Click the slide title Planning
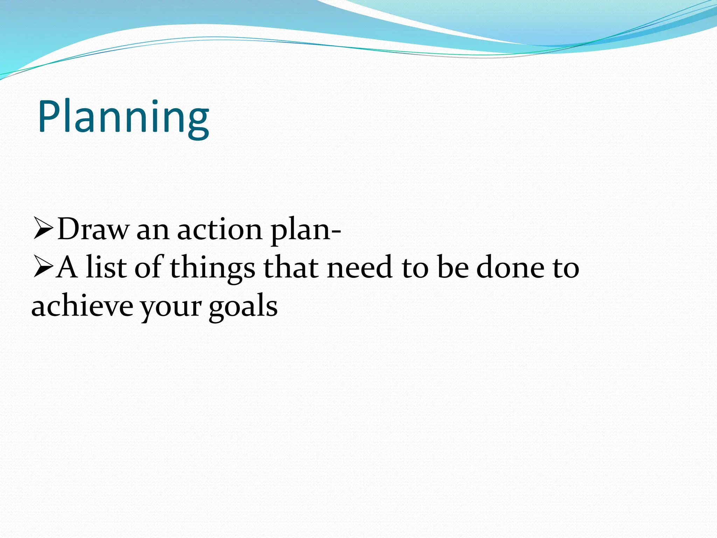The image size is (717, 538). click(x=123, y=117)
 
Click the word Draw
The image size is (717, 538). click(x=93, y=229)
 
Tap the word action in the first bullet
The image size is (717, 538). click(x=220, y=230)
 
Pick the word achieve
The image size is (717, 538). click(x=82, y=305)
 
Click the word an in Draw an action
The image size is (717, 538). click(x=153, y=231)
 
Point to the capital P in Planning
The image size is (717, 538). click(x=49, y=117)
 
